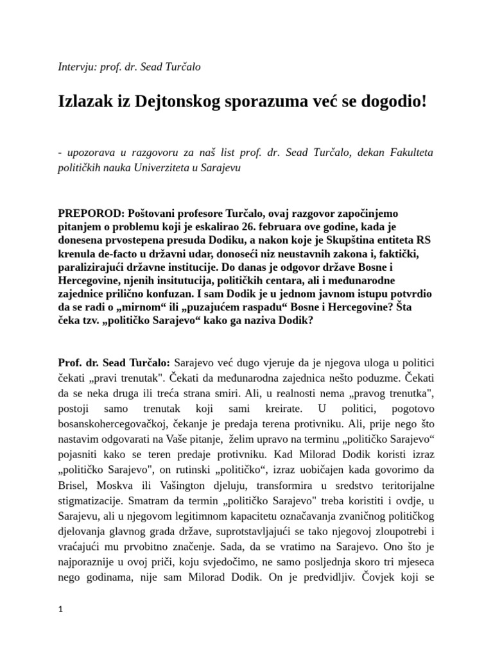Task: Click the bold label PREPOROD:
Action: (91, 212)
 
